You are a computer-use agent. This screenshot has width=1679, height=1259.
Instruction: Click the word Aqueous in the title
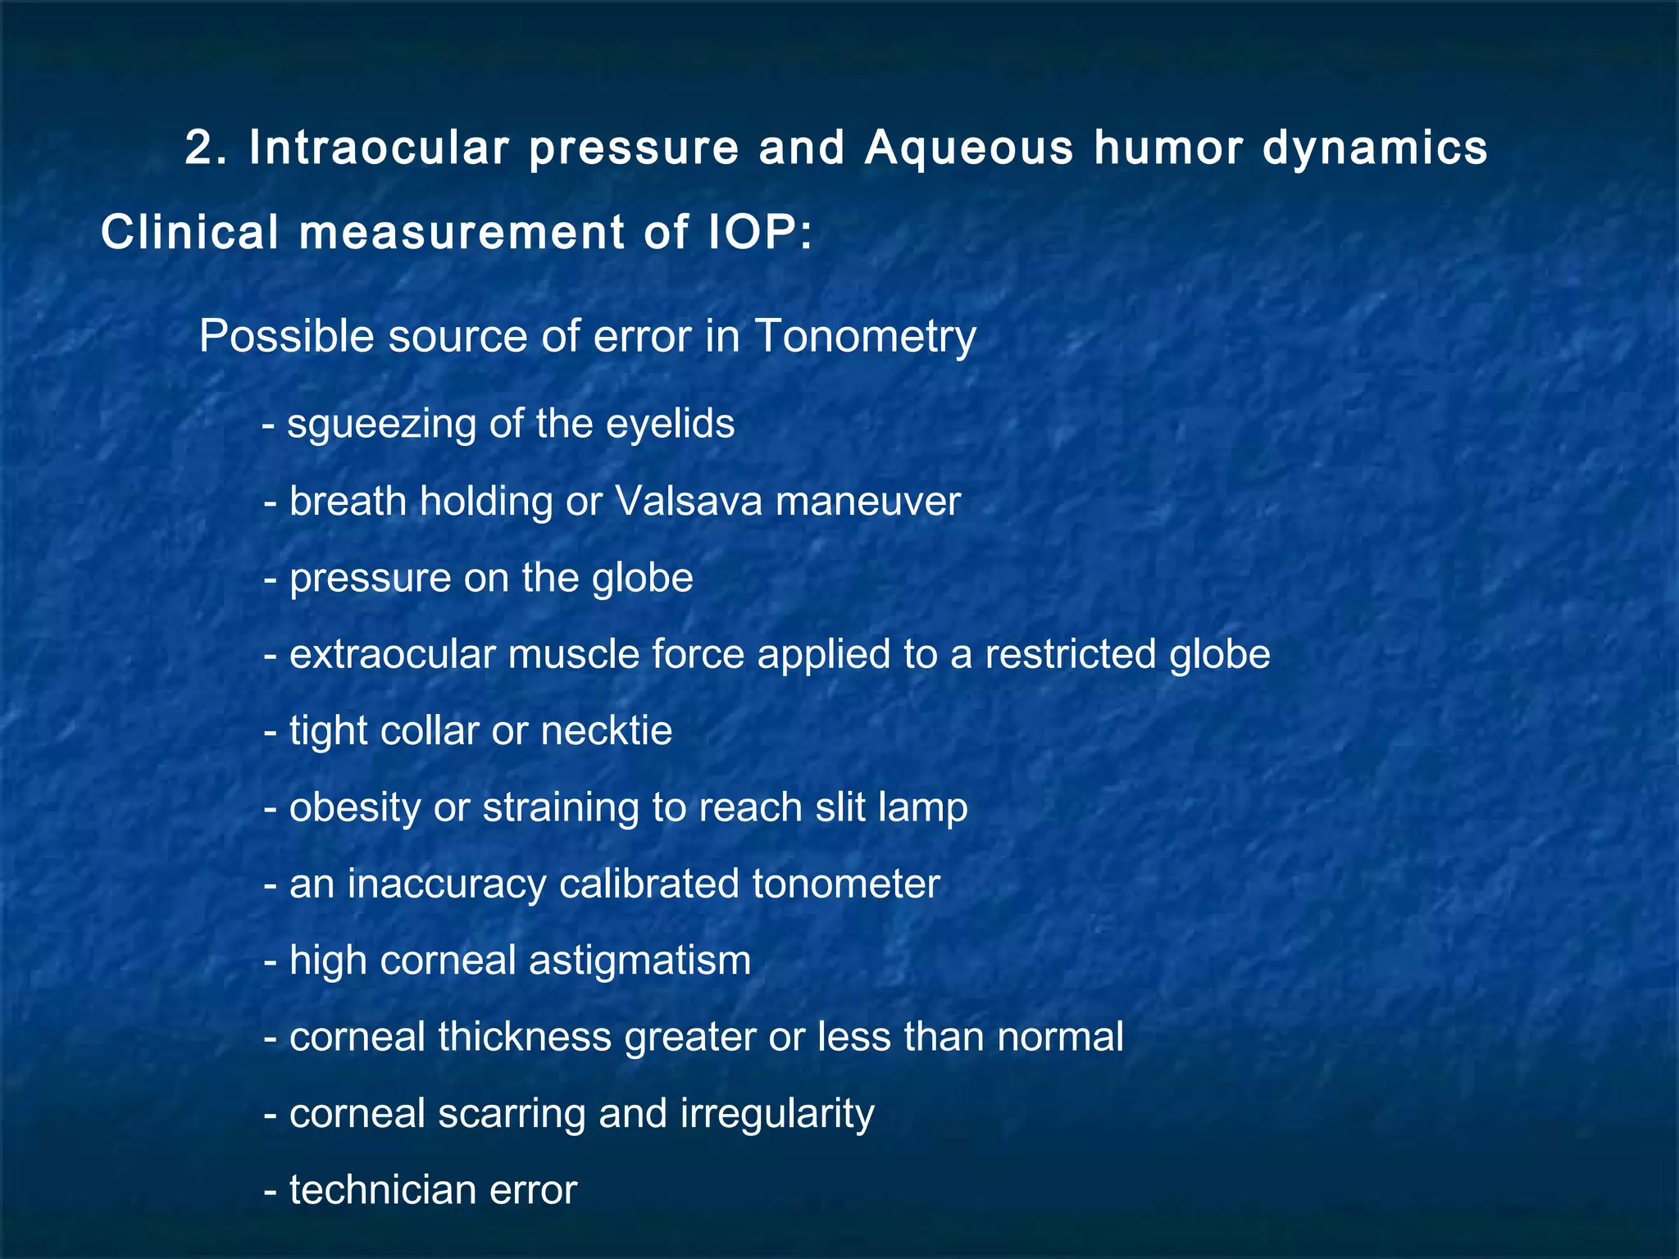coord(968,148)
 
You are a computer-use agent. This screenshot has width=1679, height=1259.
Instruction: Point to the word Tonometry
coord(865,337)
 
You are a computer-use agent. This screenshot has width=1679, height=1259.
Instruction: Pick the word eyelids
coord(670,424)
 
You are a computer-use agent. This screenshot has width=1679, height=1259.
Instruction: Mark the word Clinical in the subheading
coord(189,232)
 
